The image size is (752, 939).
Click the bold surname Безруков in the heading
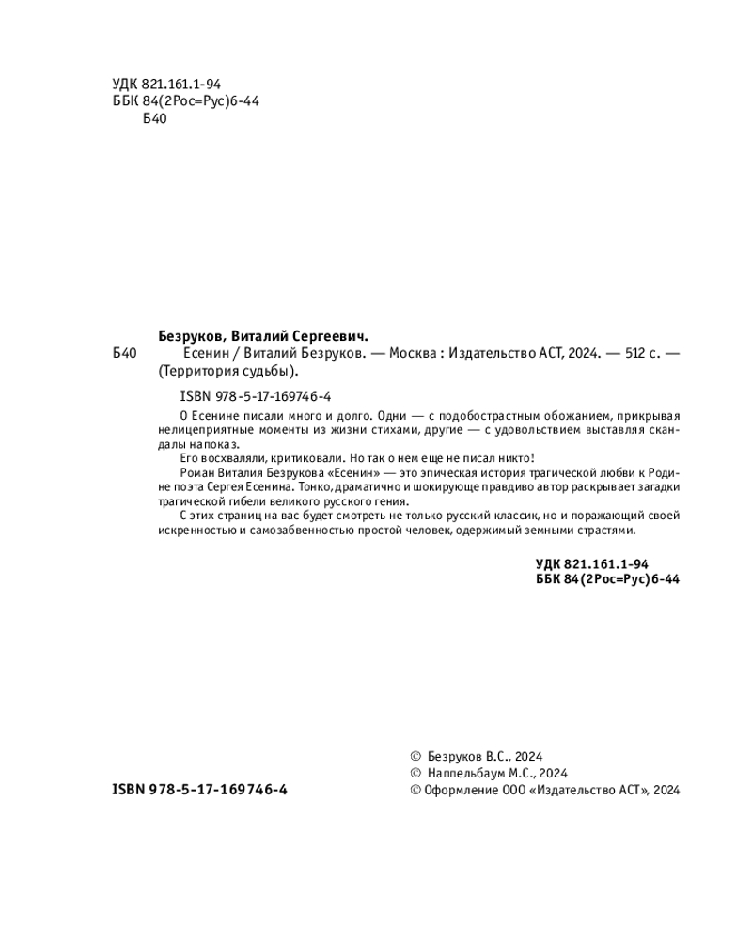pyautogui.click(x=187, y=334)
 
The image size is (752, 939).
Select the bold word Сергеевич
pyautogui.click(x=329, y=334)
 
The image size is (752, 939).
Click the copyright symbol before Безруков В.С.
pyautogui.click(x=416, y=756)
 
